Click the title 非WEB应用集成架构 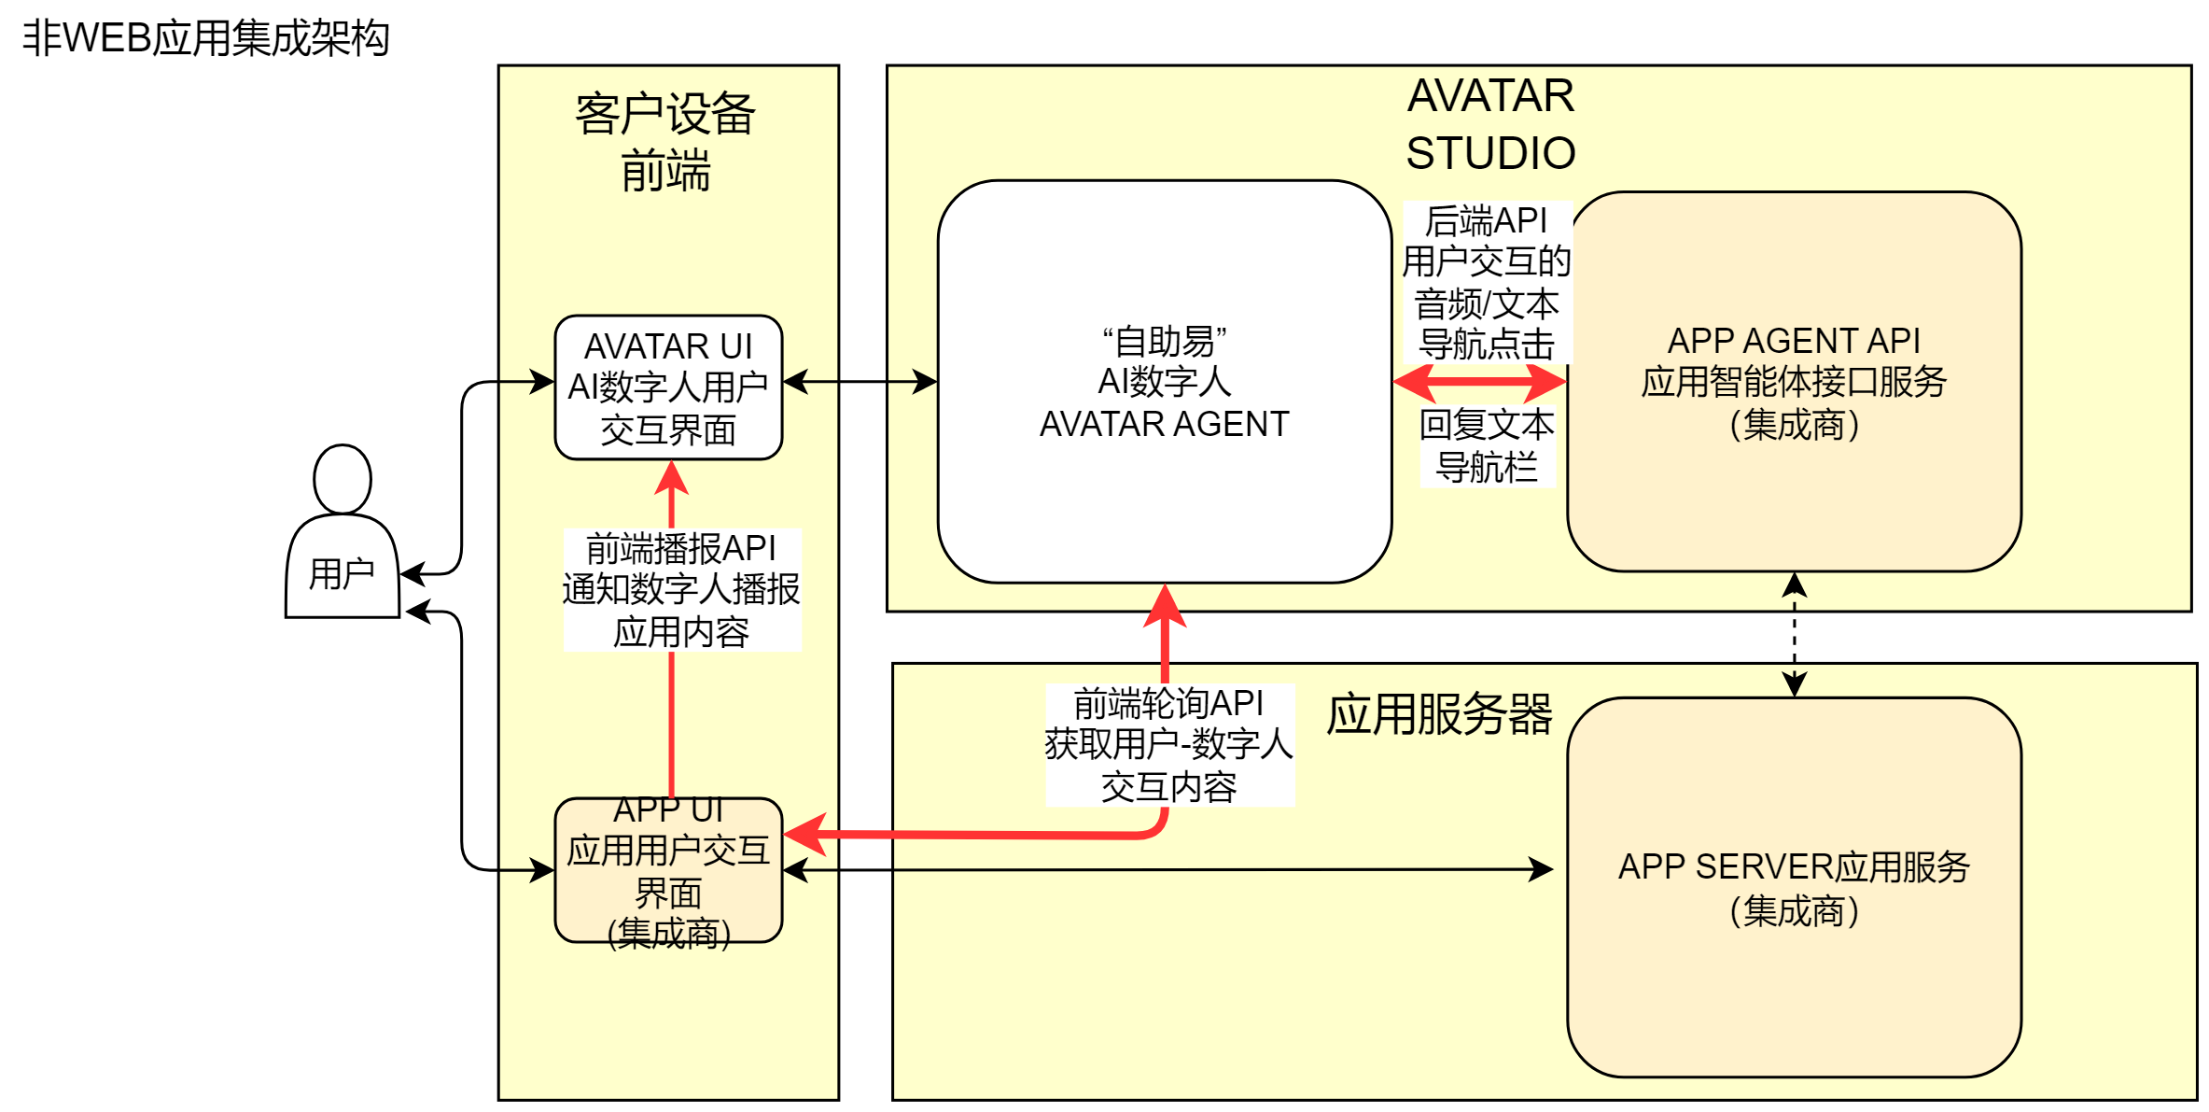205,38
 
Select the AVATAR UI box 668,387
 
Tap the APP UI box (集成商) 668,870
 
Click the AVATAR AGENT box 1165,382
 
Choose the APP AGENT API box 1794,382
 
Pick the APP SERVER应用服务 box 1794,887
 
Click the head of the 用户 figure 343,479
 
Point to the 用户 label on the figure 342,573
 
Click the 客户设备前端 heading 665,142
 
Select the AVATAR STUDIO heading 1490,124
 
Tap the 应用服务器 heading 1439,715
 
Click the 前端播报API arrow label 681,589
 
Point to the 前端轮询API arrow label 1169,745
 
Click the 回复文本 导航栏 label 1487,445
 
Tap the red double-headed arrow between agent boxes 1479,382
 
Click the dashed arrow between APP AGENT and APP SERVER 1794,635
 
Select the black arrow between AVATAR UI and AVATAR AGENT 860,382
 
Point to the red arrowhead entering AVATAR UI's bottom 671,477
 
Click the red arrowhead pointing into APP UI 805,834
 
